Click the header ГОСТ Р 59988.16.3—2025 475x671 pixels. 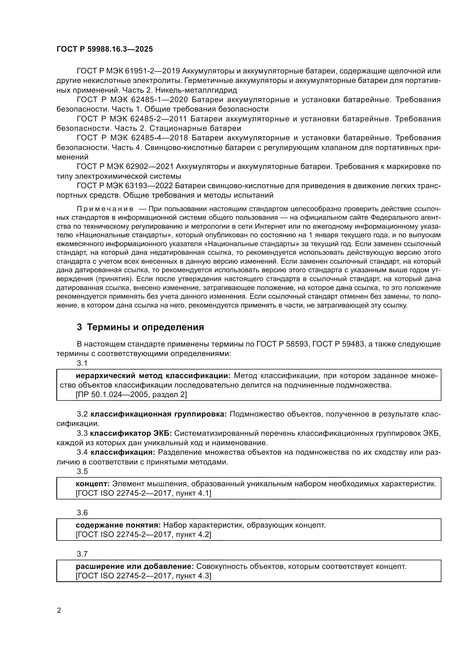[105, 49]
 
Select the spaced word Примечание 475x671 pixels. [105, 209]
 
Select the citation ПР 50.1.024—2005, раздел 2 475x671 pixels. [131, 395]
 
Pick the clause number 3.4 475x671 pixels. [82, 453]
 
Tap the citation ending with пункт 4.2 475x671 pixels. [143, 535]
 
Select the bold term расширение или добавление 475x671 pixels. [134, 567]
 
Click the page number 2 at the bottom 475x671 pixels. [59, 611]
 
